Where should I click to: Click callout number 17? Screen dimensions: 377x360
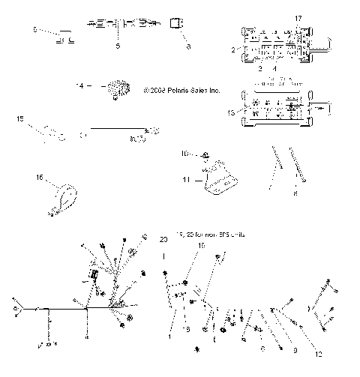coord(298,17)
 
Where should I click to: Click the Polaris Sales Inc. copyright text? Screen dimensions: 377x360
coord(182,90)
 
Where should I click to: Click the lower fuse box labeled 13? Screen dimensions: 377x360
coord(279,109)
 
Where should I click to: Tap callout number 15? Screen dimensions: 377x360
coord(20,118)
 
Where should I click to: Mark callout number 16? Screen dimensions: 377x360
coord(39,178)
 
